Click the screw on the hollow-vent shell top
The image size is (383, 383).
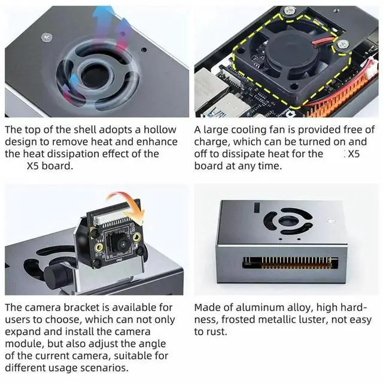(x=47, y=38)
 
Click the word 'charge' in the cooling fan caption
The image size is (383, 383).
(x=210, y=142)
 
